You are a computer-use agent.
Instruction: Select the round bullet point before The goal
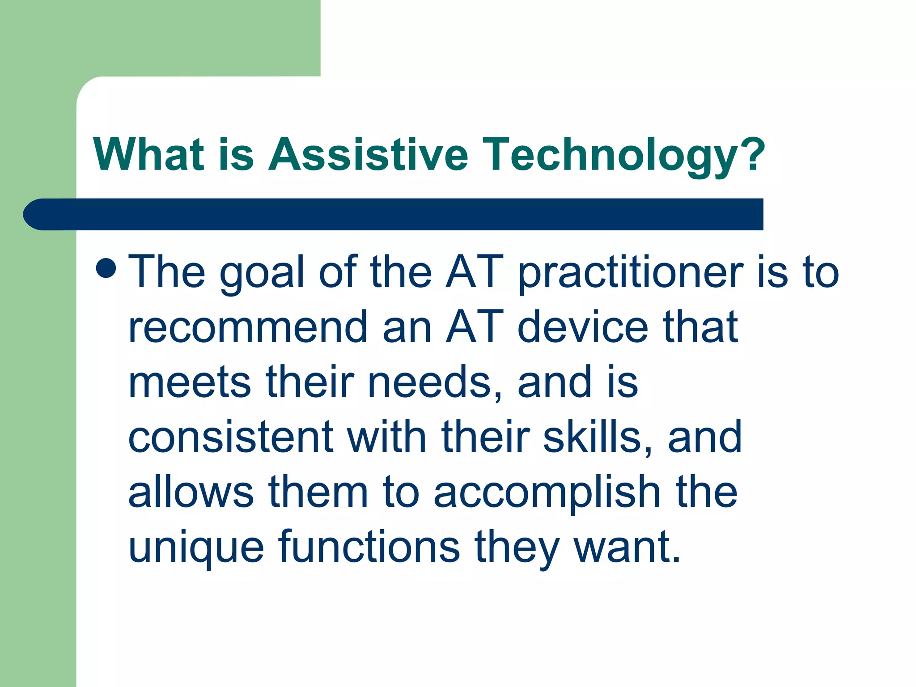[106, 267]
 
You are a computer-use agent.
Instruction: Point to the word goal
[262, 273]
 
